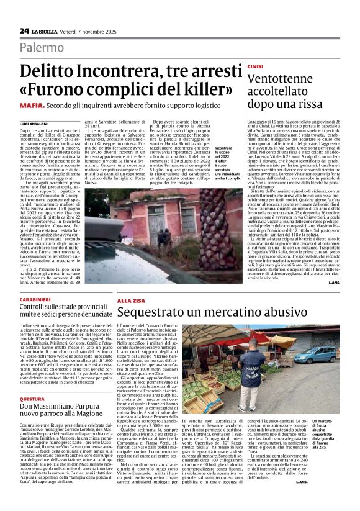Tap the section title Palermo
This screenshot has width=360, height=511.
pos(42,47)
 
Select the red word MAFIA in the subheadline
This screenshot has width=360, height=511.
pos(30,106)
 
